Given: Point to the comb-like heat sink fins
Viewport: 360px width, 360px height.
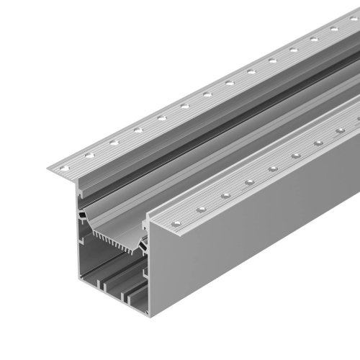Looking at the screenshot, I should (115, 240).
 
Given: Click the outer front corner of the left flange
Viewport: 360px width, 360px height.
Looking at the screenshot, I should (50, 171).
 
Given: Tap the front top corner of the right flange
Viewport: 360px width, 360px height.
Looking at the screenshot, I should (150, 225).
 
